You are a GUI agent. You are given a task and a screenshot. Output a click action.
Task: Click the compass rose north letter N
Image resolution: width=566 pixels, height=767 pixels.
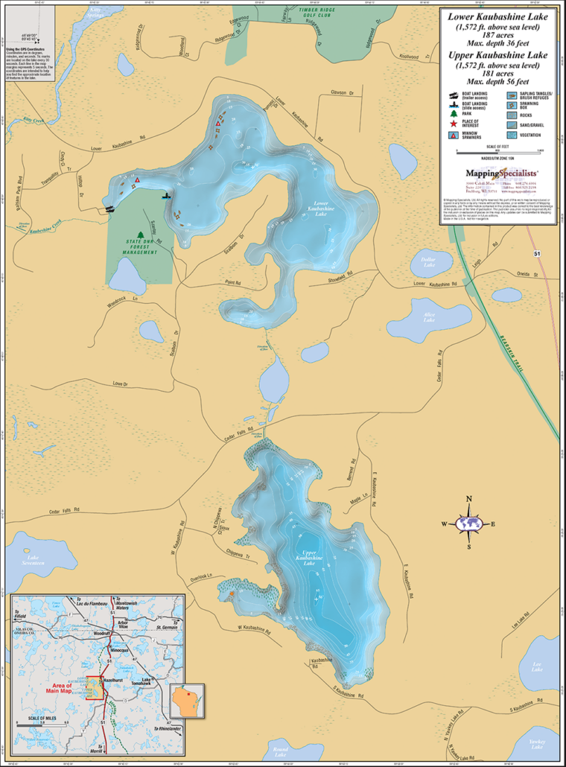coord(468,500)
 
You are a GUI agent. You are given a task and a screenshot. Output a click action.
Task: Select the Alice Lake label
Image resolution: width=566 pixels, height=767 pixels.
coord(428,317)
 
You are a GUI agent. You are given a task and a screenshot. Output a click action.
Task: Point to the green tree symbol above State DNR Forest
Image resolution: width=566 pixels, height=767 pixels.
coord(139,235)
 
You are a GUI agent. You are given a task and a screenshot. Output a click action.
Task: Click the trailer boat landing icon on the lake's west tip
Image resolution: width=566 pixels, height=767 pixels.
coord(111,209)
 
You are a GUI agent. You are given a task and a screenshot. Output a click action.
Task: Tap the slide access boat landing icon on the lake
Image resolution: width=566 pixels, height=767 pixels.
coord(168,197)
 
